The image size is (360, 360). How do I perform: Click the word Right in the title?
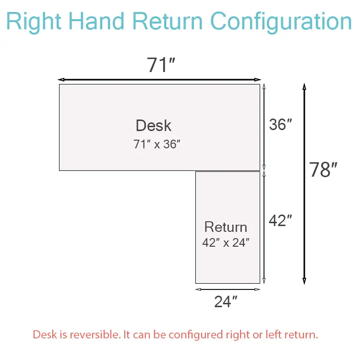click(x=34, y=22)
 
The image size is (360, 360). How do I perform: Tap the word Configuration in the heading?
click(x=281, y=22)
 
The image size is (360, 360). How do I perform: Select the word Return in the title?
click(x=168, y=21)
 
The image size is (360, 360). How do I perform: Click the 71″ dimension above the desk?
click(x=161, y=65)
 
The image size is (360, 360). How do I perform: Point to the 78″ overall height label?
click(x=323, y=169)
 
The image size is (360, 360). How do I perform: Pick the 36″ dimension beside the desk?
click(x=281, y=125)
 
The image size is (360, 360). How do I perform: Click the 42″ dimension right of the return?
click(x=281, y=220)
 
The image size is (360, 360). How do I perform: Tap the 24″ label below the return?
click(x=226, y=301)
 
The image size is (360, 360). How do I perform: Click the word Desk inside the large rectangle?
click(x=154, y=125)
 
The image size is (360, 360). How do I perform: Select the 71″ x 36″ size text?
click(x=157, y=144)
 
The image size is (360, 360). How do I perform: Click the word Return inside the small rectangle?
click(x=226, y=227)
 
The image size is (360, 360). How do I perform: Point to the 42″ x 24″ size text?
click(x=226, y=242)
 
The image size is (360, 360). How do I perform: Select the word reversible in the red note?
click(x=96, y=335)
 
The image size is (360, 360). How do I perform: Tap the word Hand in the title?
click(x=96, y=21)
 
